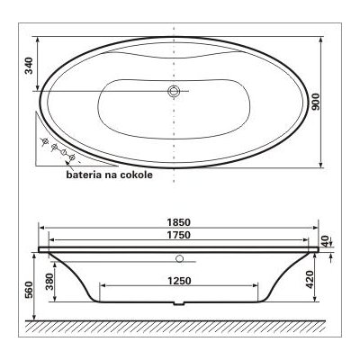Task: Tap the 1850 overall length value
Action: [x=180, y=222]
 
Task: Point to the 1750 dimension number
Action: [x=180, y=235]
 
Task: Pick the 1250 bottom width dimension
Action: [x=180, y=279]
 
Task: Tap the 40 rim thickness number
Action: [x=326, y=242]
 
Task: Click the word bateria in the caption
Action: [x=86, y=176]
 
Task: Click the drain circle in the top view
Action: [x=175, y=91]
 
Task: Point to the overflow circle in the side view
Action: [x=179, y=259]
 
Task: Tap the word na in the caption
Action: [x=111, y=176]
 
